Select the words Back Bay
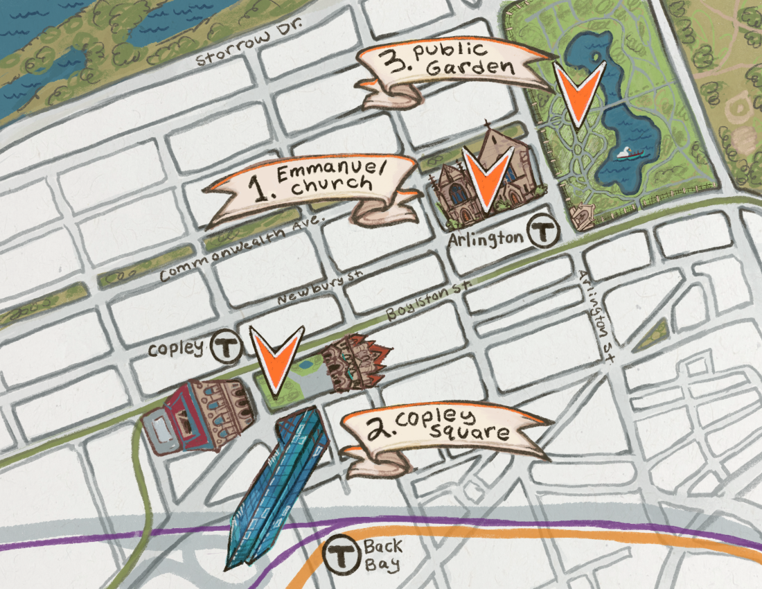pyautogui.click(x=382, y=556)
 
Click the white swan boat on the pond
pyautogui.click(x=628, y=153)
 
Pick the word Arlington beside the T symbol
pyautogui.click(x=486, y=238)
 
